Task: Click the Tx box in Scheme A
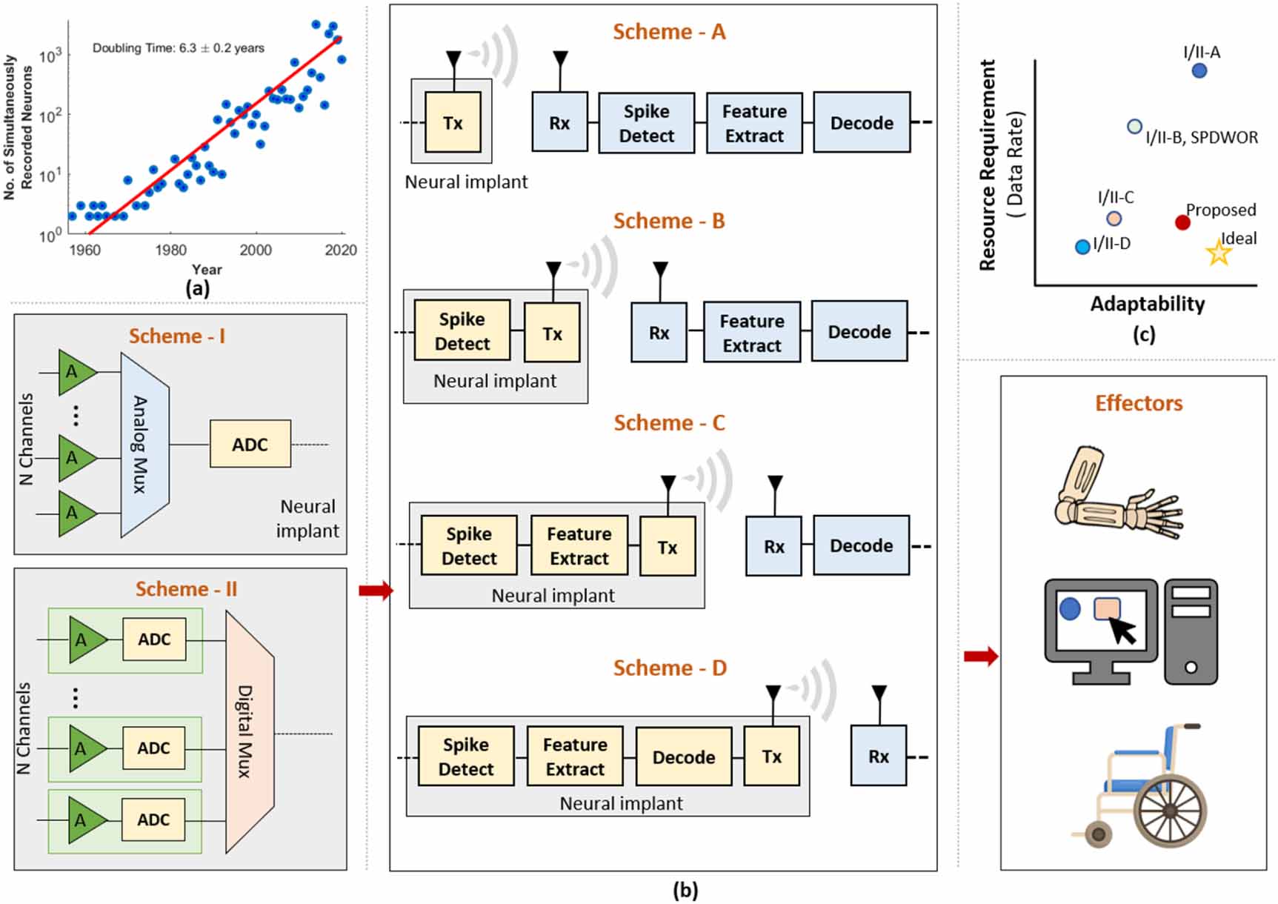coord(453,123)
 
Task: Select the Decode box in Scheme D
coord(683,757)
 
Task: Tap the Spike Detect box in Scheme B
coord(462,331)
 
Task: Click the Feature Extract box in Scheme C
coord(579,546)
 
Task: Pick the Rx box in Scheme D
coord(878,756)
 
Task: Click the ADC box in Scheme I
coord(250,445)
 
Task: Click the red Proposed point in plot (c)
coord(1182,222)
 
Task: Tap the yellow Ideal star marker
coord(1218,253)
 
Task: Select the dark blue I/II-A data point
coord(1199,70)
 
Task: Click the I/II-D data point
coord(1082,247)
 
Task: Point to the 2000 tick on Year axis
coord(256,250)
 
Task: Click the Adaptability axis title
coord(1147,304)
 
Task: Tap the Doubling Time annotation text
coord(178,48)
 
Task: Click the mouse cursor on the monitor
coord(1122,631)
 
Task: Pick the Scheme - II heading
coord(186,589)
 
